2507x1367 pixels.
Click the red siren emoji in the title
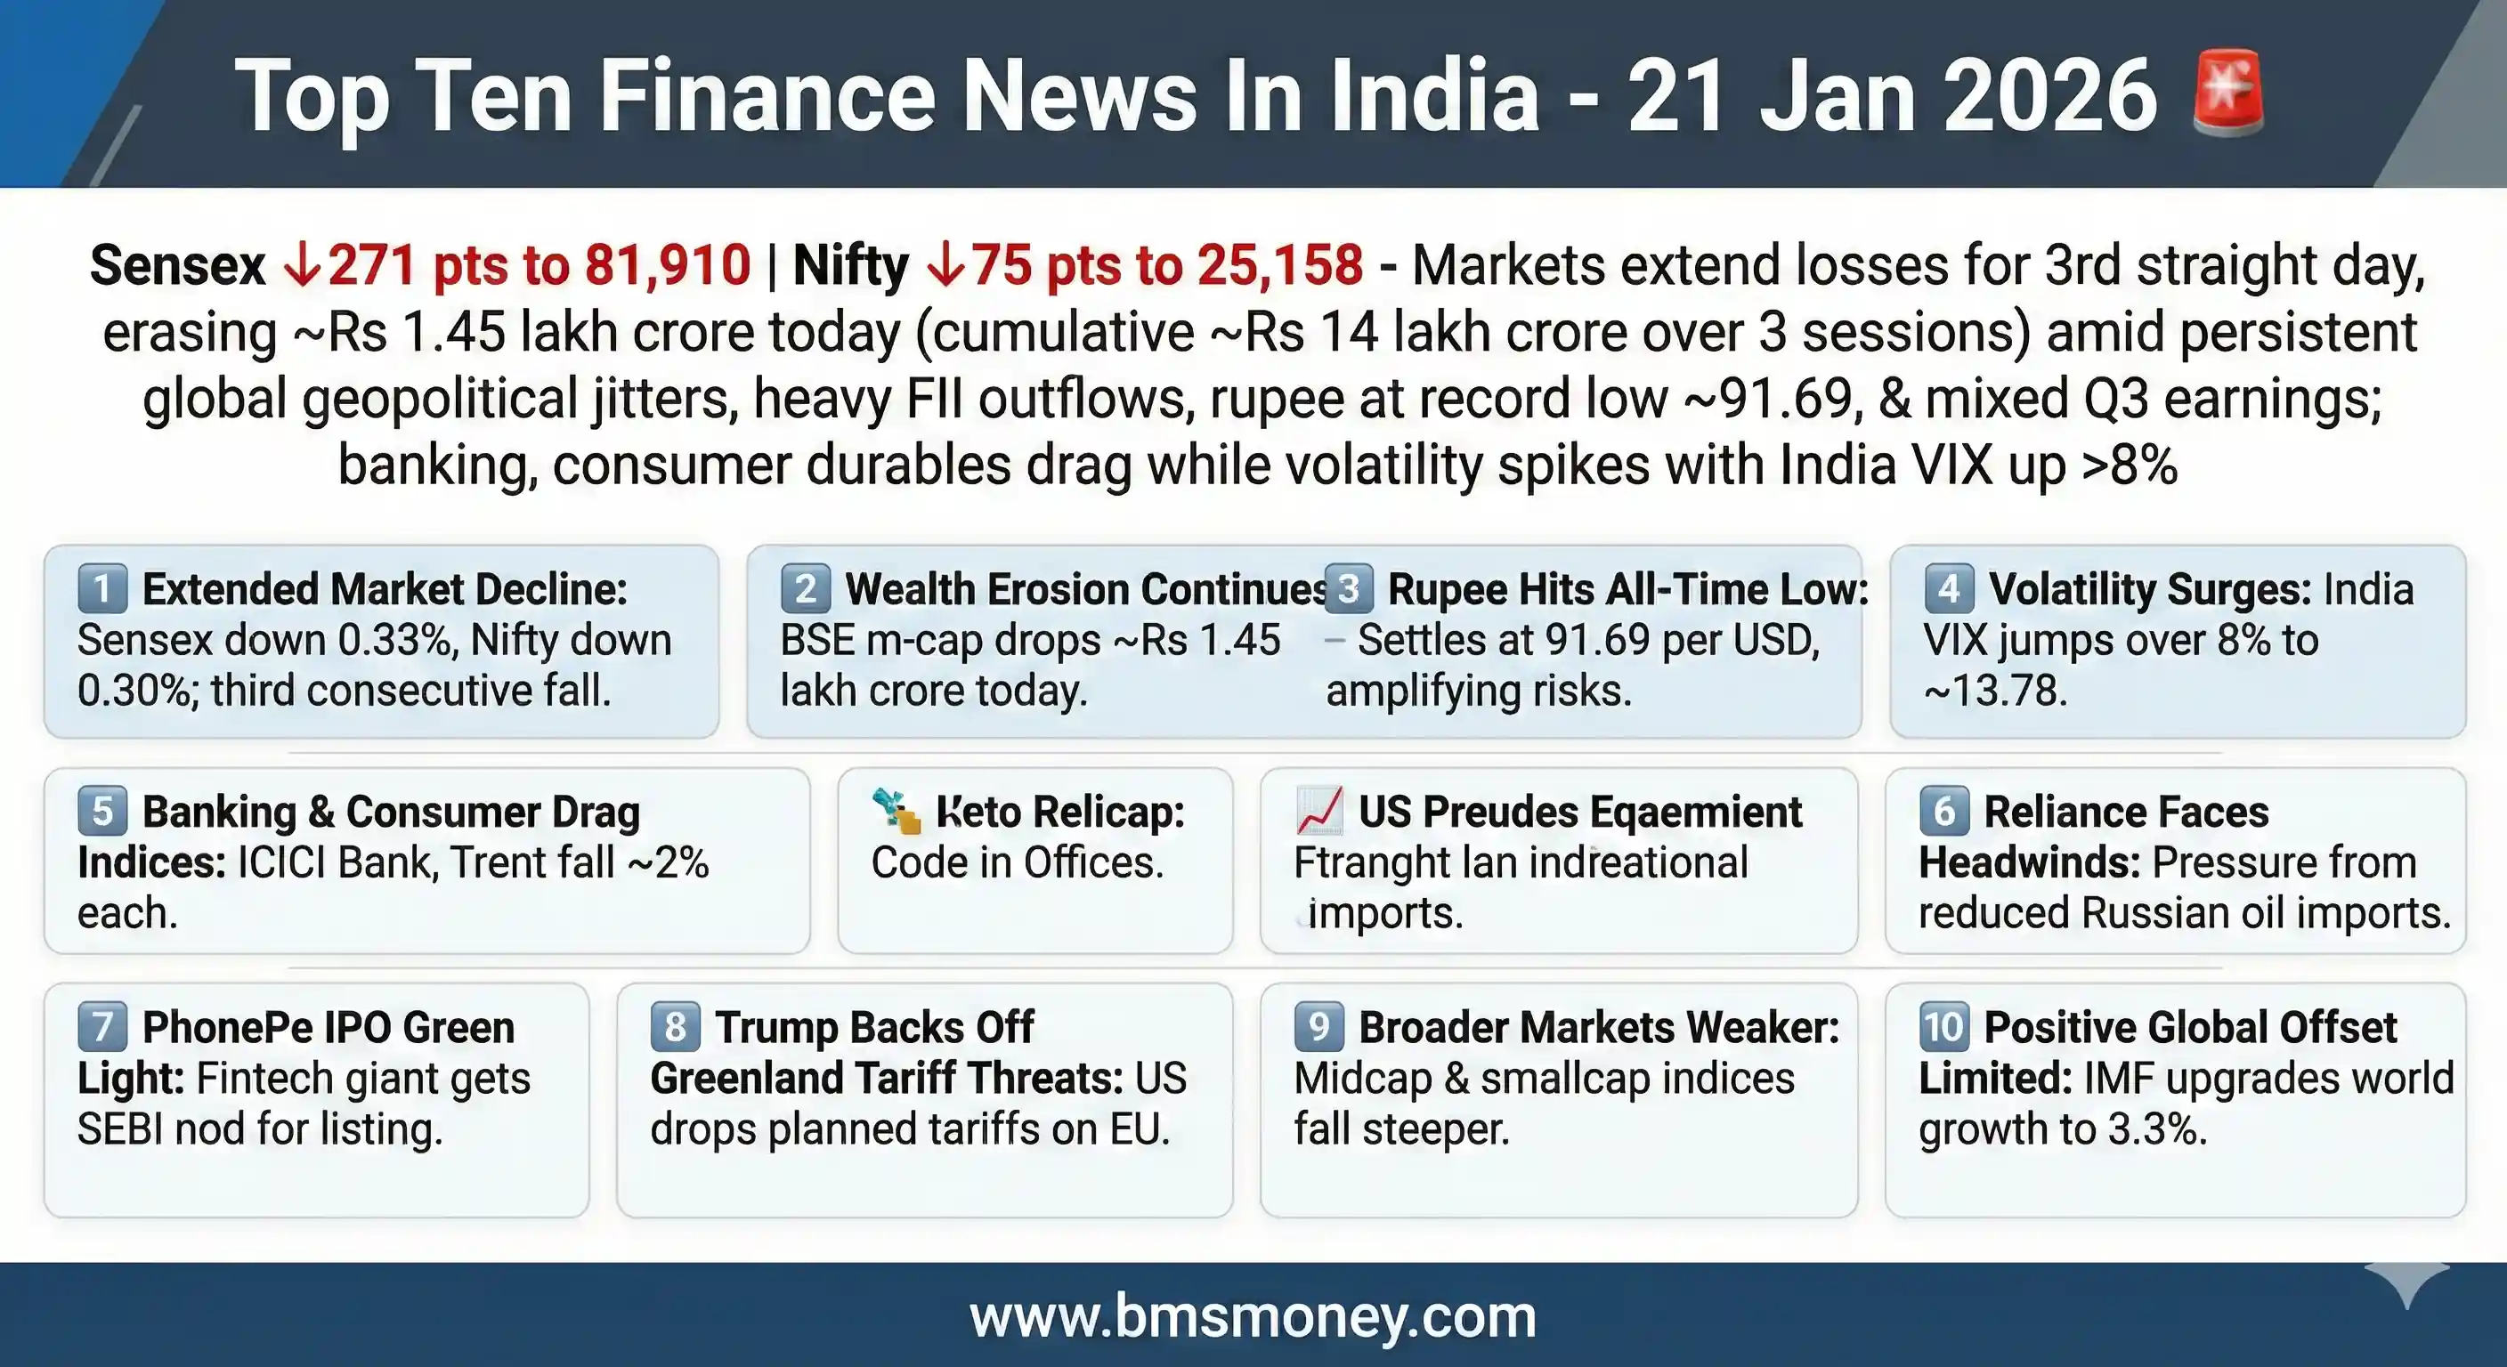click(x=2227, y=93)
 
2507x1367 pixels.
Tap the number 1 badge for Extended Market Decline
click(x=102, y=588)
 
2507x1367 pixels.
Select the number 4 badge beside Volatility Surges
click(x=1949, y=588)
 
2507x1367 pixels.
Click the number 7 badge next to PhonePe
click(x=102, y=1027)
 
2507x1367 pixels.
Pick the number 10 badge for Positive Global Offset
click(x=1943, y=1027)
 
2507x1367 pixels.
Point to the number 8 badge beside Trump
click(x=675, y=1027)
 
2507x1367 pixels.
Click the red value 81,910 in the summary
click(x=668, y=264)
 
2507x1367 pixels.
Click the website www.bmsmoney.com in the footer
click(x=1253, y=1316)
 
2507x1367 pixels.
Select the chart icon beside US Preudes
click(x=1319, y=812)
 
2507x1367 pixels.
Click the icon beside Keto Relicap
click(x=896, y=812)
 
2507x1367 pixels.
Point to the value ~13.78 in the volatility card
click(x=1995, y=691)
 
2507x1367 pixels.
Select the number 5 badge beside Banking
click(x=102, y=812)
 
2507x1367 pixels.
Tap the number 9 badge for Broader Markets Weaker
click(x=1318, y=1027)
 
